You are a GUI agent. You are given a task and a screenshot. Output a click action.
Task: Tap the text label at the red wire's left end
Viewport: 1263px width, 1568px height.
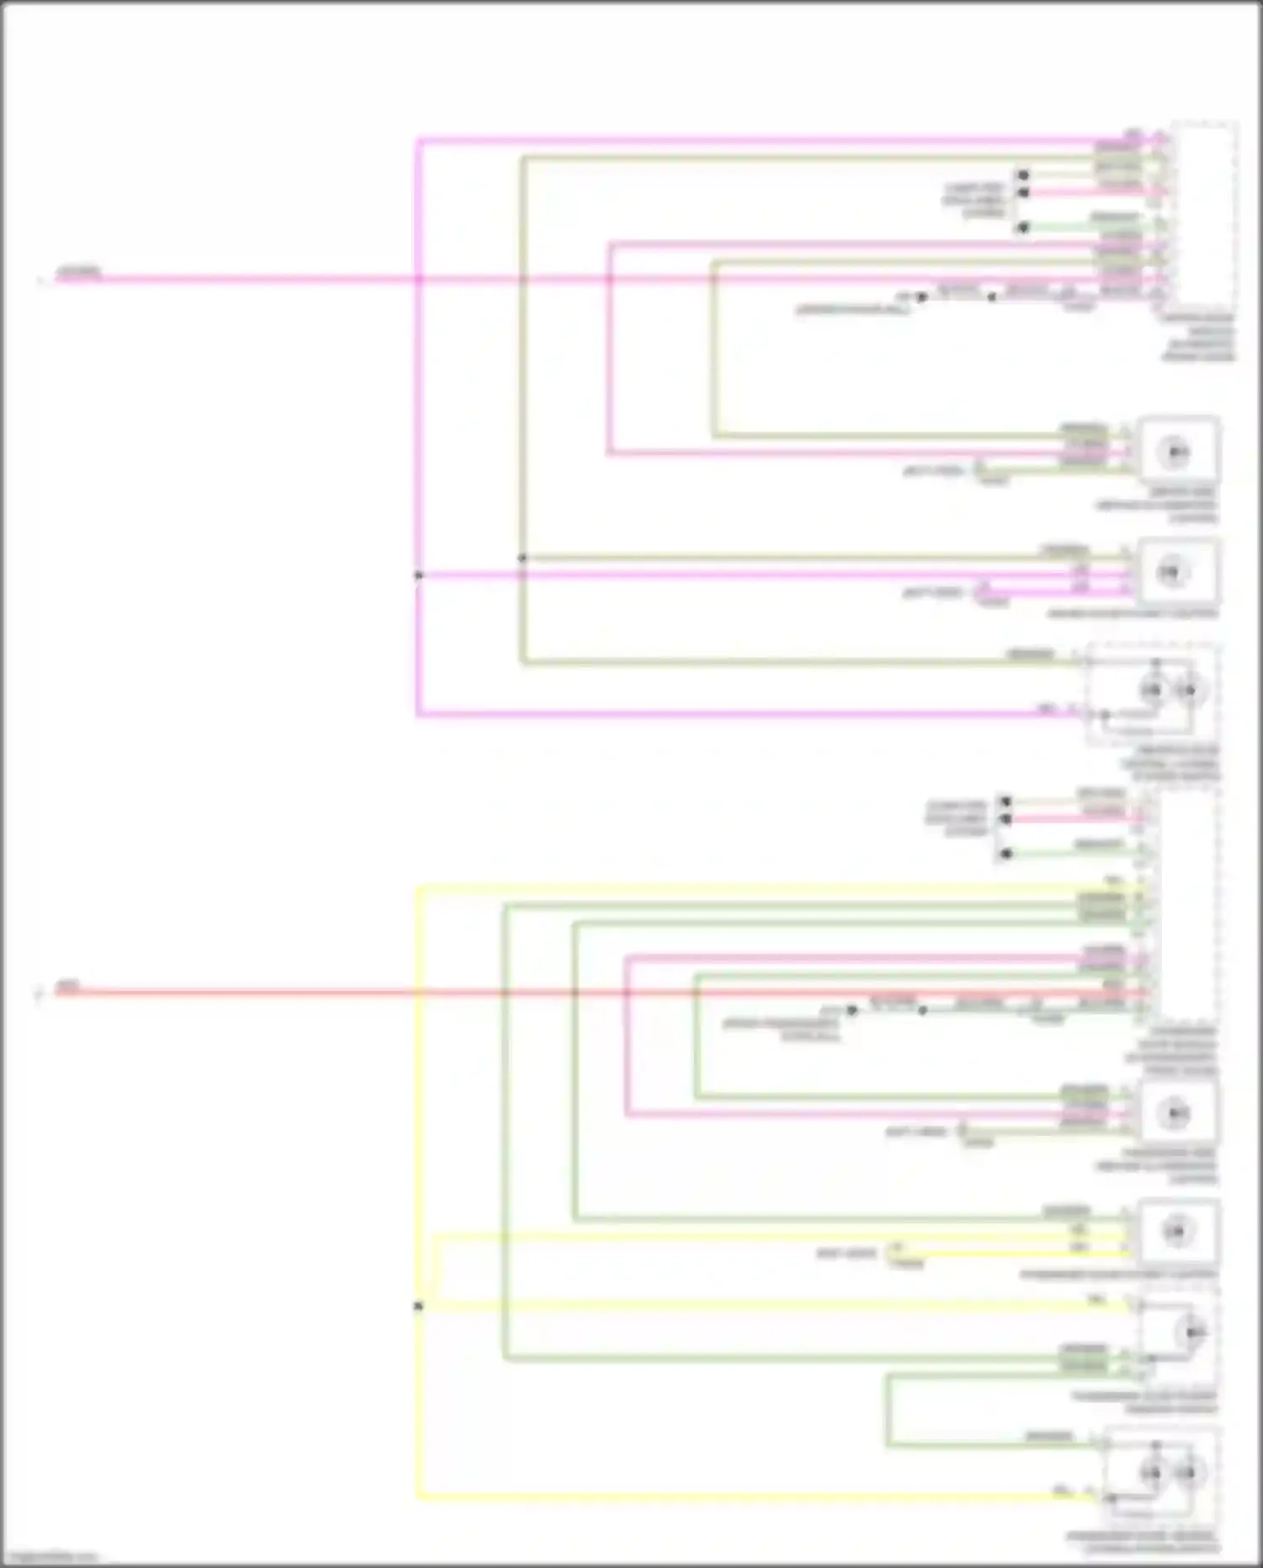pyautogui.click(x=68, y=984)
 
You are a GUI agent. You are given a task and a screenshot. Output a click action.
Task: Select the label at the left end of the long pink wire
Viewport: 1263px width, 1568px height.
pyautogui.click(x=78, y=271)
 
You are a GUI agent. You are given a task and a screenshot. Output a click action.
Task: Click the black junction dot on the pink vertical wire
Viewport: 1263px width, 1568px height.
pyautogui.click(x=418, y=575)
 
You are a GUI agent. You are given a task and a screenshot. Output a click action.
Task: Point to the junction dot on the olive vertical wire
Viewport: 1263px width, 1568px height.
pyautogui.click(x=522, y=558)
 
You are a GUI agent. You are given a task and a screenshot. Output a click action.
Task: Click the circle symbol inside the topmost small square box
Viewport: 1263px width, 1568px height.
pyautogui.click(x=1176, y=452)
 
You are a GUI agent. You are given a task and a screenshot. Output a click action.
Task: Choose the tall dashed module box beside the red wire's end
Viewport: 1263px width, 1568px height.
pyautogui.click(x=1188, y=906)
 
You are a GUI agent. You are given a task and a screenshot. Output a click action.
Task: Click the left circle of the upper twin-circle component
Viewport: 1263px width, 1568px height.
pyautogui.click(x=1153, y=691)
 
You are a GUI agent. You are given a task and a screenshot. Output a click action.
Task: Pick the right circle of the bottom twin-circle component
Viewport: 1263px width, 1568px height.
pyautogui.click(x=1186, y=1474)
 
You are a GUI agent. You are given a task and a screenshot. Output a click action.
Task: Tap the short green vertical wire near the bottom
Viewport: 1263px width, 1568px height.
pyautogui.click(x=887, y=1410)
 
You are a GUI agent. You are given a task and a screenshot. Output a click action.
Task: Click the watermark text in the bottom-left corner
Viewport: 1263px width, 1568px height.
pyautogui.click(x=49, y=1558)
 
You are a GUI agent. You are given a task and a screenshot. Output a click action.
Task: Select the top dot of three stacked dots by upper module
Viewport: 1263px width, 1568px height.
pyautogui.click(x=1023, y=175)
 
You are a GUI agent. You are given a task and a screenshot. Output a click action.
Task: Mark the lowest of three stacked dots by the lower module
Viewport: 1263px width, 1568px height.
pyautogui.click(x=1005, y=854)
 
